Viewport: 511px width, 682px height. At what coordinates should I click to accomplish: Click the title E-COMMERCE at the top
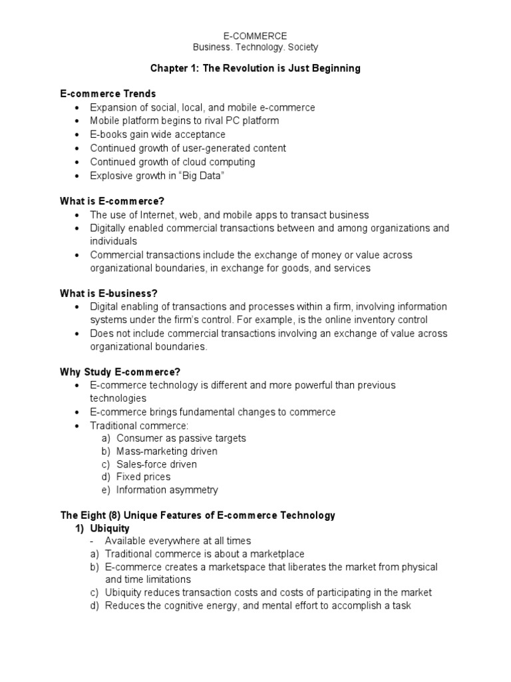click(x=255, y=35)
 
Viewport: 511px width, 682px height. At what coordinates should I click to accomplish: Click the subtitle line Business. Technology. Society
click(x=255, y=47)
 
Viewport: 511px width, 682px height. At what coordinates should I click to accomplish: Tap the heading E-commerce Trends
click(x=108, y=94)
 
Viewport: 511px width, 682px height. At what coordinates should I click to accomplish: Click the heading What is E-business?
click(x=109, y=293)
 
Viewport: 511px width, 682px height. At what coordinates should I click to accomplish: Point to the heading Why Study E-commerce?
click(x=120, y=372)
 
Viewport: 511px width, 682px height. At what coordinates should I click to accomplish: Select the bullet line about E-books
click(x=158, y=135)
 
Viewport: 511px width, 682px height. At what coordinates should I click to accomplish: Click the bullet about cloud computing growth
click(x=172, y=162)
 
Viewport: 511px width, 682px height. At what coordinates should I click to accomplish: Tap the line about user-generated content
click(x=188, y=148)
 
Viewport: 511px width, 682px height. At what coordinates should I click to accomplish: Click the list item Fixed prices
click(x=143, y=477)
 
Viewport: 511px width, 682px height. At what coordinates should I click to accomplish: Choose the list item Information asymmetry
click(x=167, y=490)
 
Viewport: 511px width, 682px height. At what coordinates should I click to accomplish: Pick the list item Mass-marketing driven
click(x=166, y=451)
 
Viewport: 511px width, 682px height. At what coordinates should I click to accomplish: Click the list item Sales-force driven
click(x=156, y=464)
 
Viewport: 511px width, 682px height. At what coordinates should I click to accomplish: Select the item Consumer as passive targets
click(x=181, y=438)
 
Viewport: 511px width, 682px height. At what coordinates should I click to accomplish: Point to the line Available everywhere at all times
click(x=178, y=541)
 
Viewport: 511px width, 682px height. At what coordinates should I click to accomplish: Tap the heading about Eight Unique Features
click(x=198, y=515)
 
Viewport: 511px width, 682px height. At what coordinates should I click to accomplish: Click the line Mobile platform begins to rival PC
click(x=184, y=121)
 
